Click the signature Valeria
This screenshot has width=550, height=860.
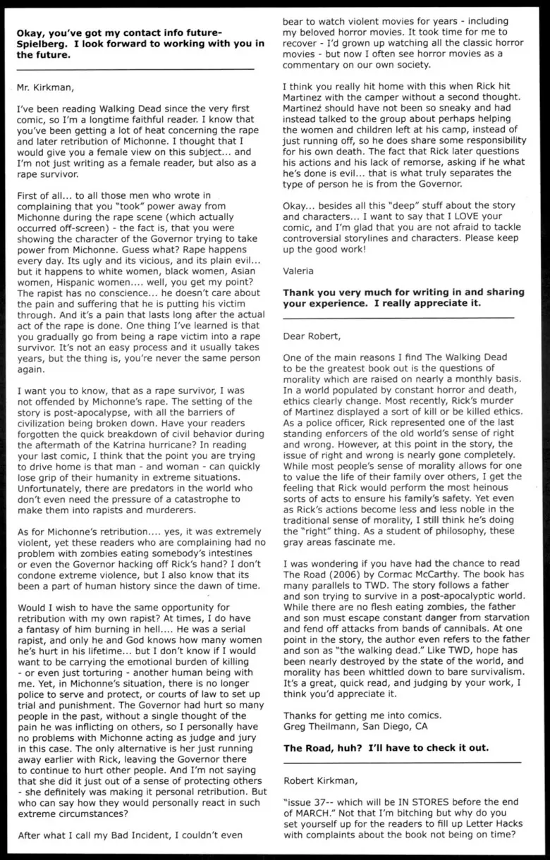coord(298,269)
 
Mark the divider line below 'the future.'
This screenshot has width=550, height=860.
coord(134,69)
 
